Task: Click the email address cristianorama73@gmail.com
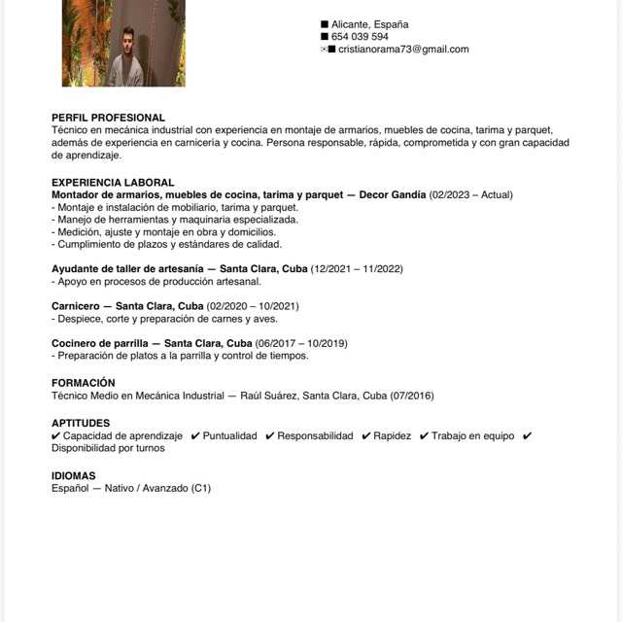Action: (x=403, y=50)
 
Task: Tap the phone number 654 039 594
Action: (x=360, y=37)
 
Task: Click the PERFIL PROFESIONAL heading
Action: (x=108, y=118)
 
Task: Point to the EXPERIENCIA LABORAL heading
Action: (x=113, y=183)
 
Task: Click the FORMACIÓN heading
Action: (x=84, y=383)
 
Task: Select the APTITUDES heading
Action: (x=81, y=423)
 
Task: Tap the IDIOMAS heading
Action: (x=74, y=475)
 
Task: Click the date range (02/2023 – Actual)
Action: (x=470, y=195)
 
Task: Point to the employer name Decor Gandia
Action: (x=393, y=195)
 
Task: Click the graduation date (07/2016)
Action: (x=412, y=396)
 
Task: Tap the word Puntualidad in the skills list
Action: (x=230, y=436)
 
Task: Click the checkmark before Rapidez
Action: (x=366, y=436)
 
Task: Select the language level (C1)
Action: (x=200, y=488)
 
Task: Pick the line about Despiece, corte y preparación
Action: (x=164, y=319)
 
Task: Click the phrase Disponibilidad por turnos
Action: (x=108, y=448)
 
